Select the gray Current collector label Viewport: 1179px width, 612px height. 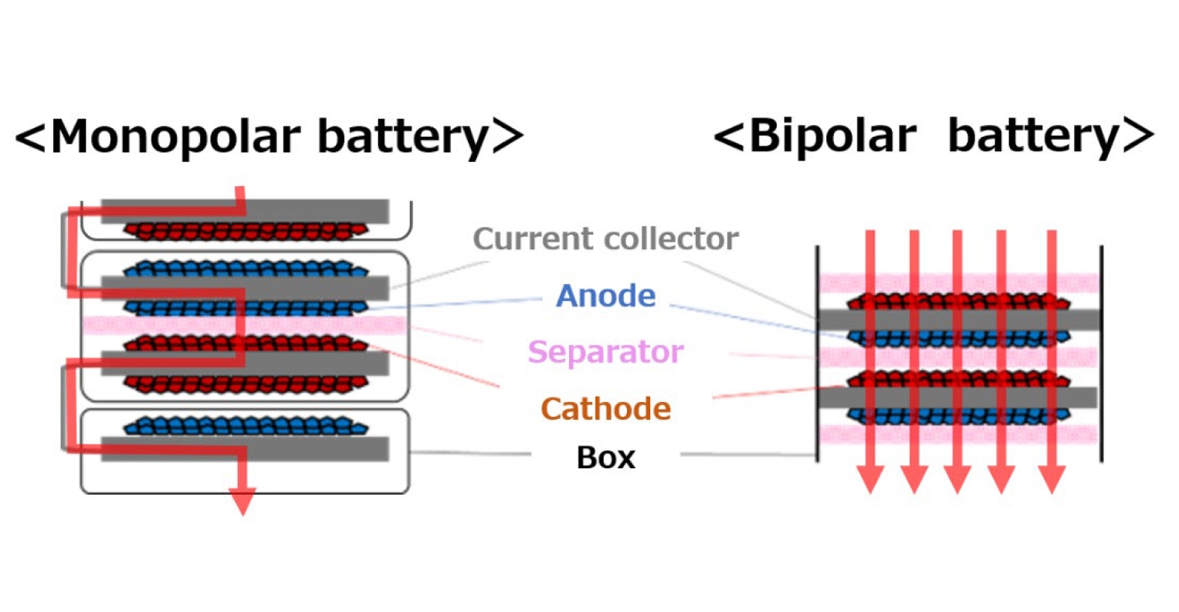(606, 239)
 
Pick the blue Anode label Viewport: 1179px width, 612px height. (606, 296)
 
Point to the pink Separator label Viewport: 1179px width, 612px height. (605, 352)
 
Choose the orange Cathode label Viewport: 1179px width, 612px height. (606, 409)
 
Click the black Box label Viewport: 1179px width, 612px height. (606, 457)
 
